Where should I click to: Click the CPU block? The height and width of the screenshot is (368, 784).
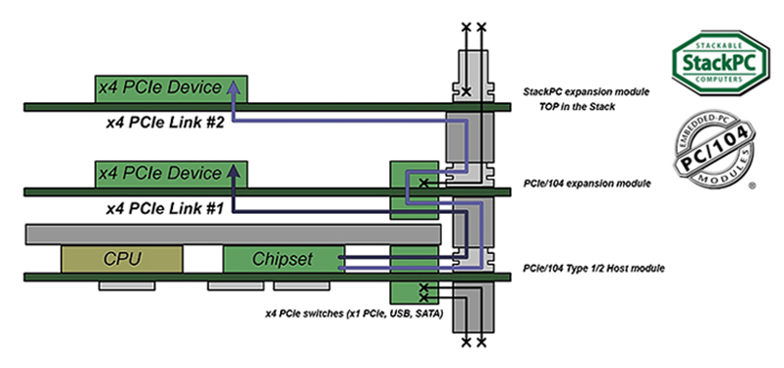[122, 259]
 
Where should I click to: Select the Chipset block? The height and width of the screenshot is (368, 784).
[284, 259]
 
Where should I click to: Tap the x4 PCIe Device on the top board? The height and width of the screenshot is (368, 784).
[171, 89]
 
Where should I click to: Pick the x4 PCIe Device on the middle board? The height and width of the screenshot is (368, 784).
[171, 175]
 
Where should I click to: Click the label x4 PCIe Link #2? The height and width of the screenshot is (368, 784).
[164, 123]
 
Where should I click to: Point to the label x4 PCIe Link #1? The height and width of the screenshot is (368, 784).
[164, 208]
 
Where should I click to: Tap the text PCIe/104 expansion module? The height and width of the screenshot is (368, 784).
[587, 184]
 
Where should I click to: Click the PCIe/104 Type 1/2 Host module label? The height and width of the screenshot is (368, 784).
[593, 269]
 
